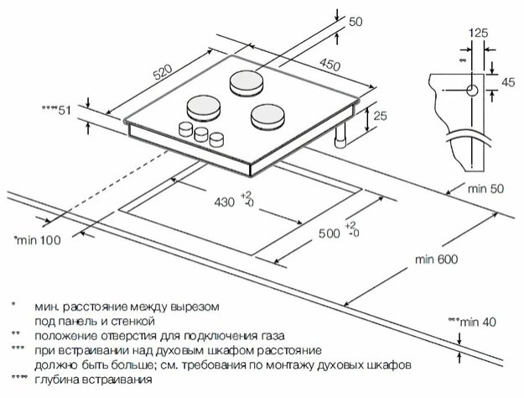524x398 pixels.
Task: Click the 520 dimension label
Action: pyautogui.click(x=164, y=74)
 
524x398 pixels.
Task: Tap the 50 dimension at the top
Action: pyautogui.click(x=355, y=22)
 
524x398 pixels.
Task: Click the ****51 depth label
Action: pyautogui.click(x=57, y=111)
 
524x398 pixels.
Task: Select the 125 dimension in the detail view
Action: pyautogui.click(x=477, y=33)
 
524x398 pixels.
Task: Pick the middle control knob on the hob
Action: pyautogui.click(x=201, y=133)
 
